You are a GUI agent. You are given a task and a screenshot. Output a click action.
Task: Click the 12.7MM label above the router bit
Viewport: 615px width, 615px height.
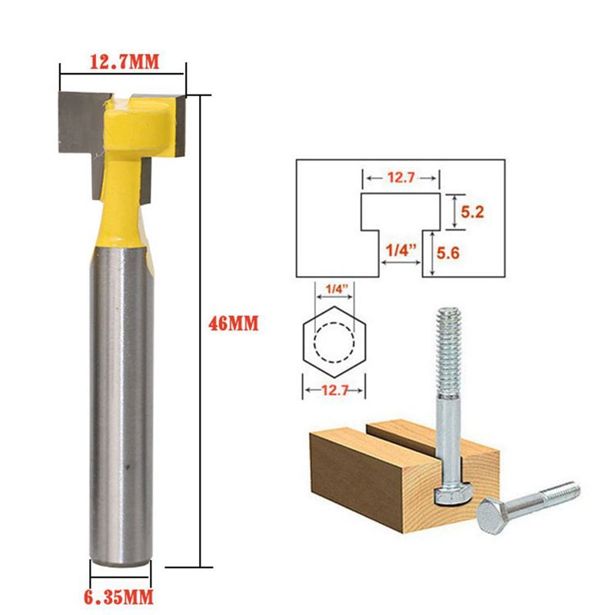pyautogui.click(x=123, y=62)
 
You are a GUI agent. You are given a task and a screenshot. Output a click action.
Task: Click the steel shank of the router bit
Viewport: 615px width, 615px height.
pyautogui.click(x=121, y=400)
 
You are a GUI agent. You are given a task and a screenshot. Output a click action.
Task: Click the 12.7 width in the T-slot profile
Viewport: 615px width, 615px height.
pyautogui.click(x=401, y=178)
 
